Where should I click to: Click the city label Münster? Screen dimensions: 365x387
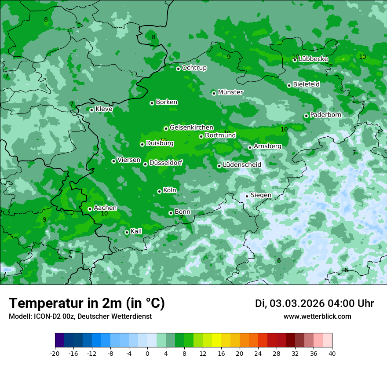pyautogui.click(x=230, y=92)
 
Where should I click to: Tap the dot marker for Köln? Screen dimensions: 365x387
pyautogui.click(x=159, y=191)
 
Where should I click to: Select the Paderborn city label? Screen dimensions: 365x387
pyautogui.click(x=325, y=115)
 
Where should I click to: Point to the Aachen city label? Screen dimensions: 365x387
pyautogui.click(x=105, y=208)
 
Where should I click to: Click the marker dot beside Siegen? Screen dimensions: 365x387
pyautogui.click(x=247, y=196)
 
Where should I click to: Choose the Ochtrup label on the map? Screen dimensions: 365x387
pyautogui.click(x=194, y=68)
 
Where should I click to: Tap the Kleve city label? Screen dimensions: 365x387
pyautogui.click(x=104, y=109)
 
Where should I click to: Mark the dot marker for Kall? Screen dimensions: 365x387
pyautogui.click(x=127, y=232)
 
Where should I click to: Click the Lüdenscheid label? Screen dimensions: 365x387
pyautogui.click(x=242, y=165)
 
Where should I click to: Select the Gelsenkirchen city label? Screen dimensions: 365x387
pyautogui.click(x=191, y=128)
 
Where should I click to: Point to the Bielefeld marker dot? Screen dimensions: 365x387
pyautogui.click(x=289, y=85)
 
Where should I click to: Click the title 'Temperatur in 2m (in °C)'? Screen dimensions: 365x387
pyautogui.click(x=87, y=303)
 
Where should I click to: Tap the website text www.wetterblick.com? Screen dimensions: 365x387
pyautogui.click(x=317, y=317)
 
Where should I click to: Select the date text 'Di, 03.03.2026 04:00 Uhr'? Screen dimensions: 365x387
pyautogui.click(x=314, y=303)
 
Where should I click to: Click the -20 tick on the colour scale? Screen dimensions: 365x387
pyautogui.click(x=55, y=354)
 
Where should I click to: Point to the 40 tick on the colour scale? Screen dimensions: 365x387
pyautogui.click(x=332, y=354)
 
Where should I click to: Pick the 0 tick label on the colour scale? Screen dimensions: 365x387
pyautogui.click(x=147, y=354)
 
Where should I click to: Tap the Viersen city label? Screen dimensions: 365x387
pyautogui.click(x=129, y=160)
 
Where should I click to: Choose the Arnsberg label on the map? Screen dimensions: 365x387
pyautogui.click(x=267, y=146)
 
